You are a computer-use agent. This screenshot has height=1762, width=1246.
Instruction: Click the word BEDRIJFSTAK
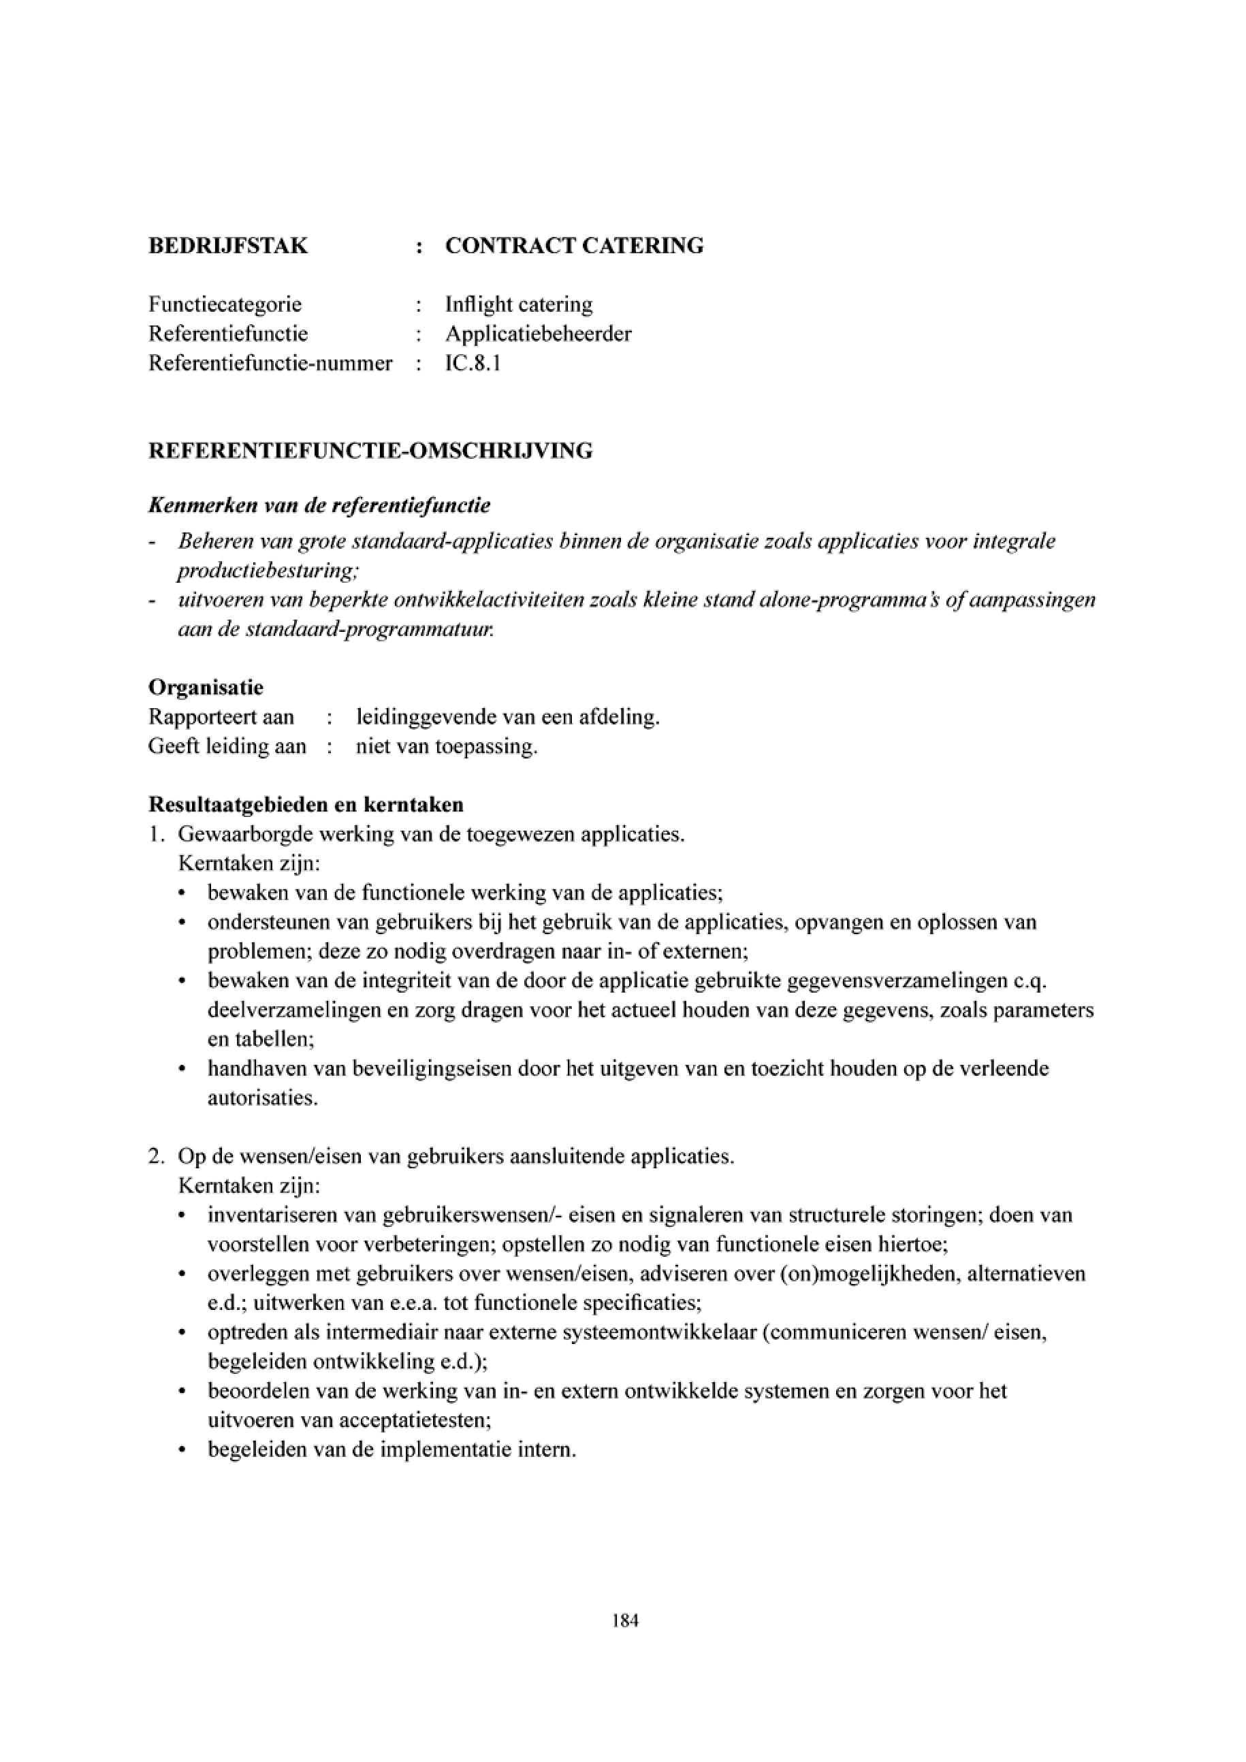[x=228, y=246]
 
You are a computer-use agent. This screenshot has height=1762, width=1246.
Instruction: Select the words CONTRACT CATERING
[x=574, y=246]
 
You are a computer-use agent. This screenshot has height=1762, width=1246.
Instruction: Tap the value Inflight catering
[x=519, y=304]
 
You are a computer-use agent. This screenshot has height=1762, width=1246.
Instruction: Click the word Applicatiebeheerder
[x=538, y=334]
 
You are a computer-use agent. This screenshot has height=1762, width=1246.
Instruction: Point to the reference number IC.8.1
[x=473, y=363]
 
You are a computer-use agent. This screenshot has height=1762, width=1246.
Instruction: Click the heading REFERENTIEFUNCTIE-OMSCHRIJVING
[x=370, y=451]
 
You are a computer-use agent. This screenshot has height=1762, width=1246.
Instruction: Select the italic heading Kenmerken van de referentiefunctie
[x=319, y=506]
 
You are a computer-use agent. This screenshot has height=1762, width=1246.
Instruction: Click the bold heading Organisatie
[x=206, y=687]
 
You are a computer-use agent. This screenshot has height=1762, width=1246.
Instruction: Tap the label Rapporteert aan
[x=221, y=717]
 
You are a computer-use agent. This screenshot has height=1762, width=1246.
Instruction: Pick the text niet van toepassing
[x=446, y=746]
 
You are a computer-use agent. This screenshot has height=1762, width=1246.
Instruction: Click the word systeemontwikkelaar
[x=651, y=1332]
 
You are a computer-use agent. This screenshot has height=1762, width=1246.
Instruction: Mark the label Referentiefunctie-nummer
[x=270, y=363]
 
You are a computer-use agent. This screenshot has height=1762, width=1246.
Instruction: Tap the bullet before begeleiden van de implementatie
[x=182, y=1450]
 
